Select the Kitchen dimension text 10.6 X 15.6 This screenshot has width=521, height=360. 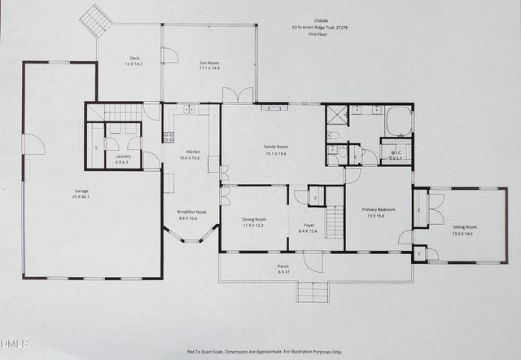click(193, 158)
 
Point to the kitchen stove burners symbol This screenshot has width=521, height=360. click(169, 138)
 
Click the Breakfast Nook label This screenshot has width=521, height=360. click(192, 212)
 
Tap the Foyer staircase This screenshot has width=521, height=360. click(335, 222)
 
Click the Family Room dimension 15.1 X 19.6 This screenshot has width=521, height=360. click(277, 153)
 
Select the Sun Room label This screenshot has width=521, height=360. click(209, 62)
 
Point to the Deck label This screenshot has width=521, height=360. click(134, 58)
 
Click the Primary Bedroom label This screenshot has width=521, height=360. click(379, 209)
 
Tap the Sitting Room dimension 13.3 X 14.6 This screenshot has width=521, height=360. click(462, 234)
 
